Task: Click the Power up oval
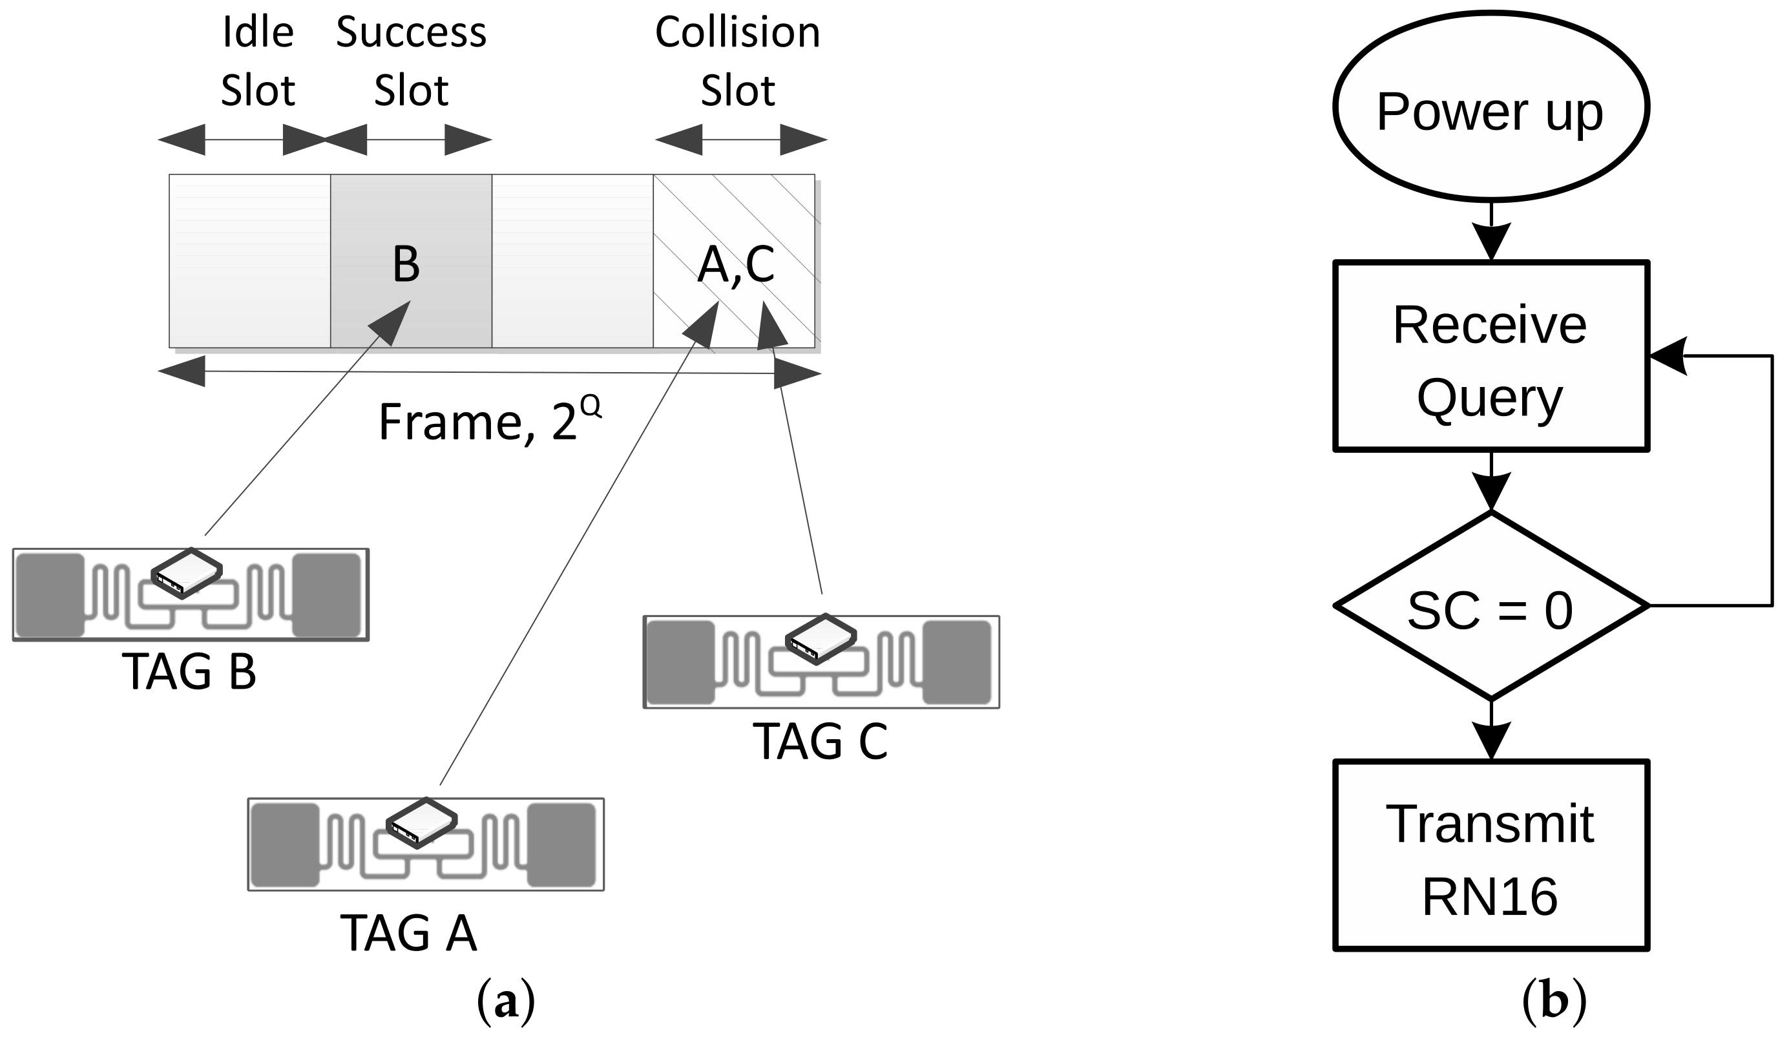click(1491, 107)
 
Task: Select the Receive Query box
click(1491, 356)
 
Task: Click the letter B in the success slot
click(406, 264)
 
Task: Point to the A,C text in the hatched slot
click(735, 264)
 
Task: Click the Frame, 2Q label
click(490, 420)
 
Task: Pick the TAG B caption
click(189, 671)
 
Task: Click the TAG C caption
click(820, 742)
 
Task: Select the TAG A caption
click(409, 933)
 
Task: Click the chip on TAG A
click(422, 823)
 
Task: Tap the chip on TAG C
click(821, 639)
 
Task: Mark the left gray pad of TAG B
click(50, 595)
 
